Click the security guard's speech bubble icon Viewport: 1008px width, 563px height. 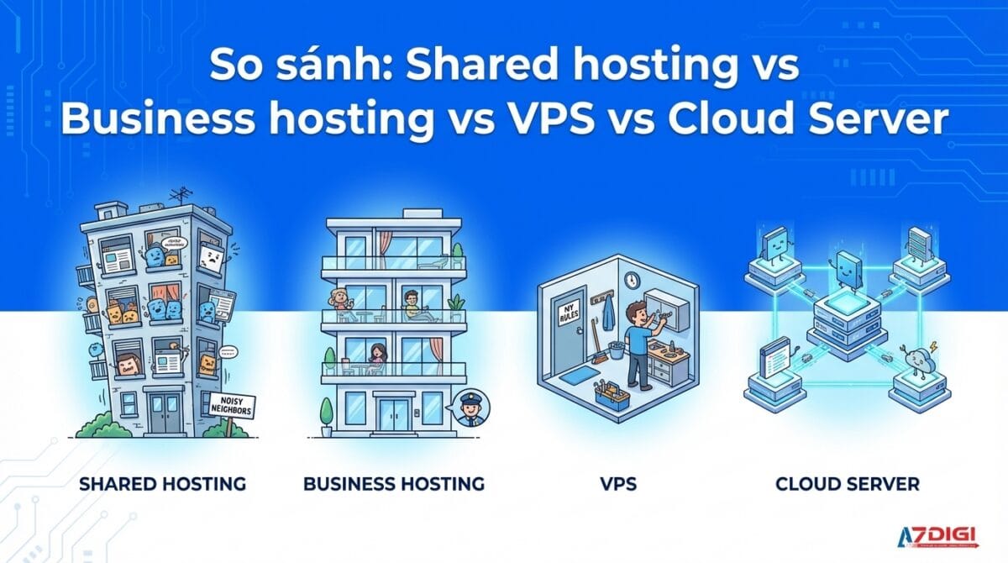click(x=470, y=412)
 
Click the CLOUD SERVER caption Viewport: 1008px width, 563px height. click(x=847, y=484)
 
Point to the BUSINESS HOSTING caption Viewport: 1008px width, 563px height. click(x=393, y=484)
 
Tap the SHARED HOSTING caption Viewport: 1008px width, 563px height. click(x=162, y=484)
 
